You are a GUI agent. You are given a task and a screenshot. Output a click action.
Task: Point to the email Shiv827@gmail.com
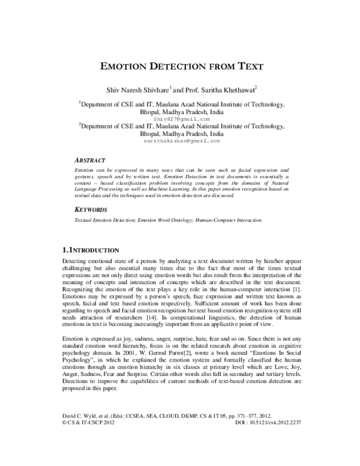[180, 119]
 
